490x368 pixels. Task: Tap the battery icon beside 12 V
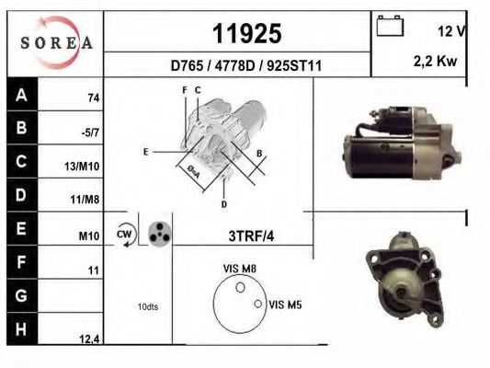point(390,27)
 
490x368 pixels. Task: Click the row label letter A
point(21,94)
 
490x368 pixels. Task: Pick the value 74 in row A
point(93,98)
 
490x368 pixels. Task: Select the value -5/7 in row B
point(90,132)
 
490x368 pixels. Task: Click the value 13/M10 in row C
point(85,166)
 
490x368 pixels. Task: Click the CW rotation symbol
point(125,236)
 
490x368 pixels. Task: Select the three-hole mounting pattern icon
point(159,233)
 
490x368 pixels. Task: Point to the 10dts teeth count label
point(146,306)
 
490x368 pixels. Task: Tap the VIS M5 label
point(284,304)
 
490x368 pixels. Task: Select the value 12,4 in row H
point(88,339)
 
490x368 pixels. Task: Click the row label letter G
point(21,297)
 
